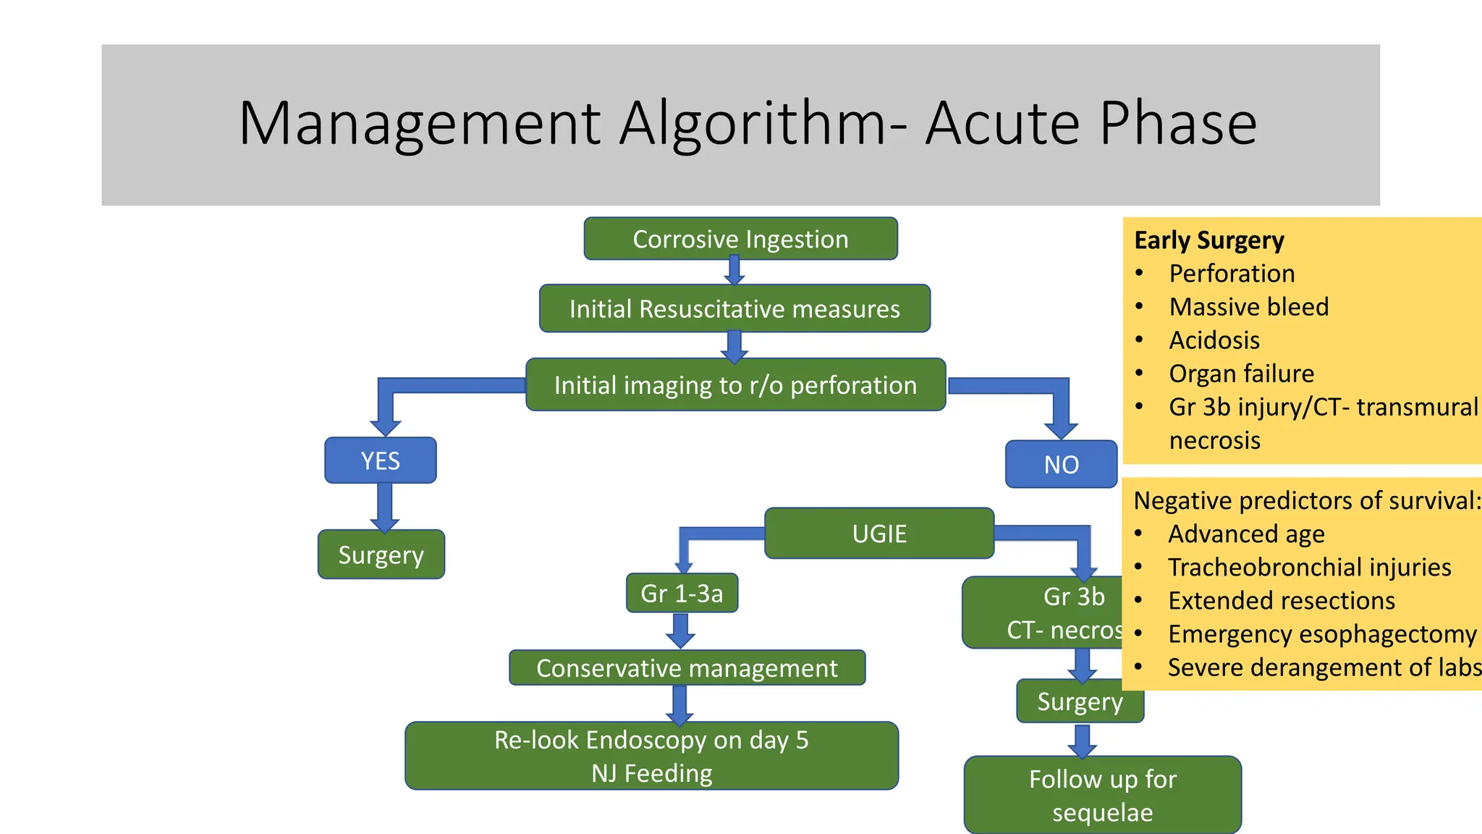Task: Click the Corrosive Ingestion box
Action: (740, 239)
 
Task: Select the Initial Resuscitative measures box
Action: (734, 309)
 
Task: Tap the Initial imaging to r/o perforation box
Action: (735, 385)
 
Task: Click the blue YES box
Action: (381, 460)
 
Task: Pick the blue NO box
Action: (1061, 465)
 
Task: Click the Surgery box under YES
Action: (381, 555)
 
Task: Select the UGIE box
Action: (879, 534)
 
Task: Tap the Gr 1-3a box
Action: (682, 594)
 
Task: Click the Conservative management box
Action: (687, 668)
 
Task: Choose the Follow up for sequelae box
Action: (1102, 795)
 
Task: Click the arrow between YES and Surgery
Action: (385, 507)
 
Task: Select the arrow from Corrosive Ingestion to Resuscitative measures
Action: (734, 271)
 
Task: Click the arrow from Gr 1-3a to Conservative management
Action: (680, 631)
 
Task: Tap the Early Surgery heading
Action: (1209, 240)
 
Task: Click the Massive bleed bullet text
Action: (1249, 307)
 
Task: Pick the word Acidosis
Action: (1214, 340)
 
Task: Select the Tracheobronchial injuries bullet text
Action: (1309, 568)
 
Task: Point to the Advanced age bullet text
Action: (1246, 534)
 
